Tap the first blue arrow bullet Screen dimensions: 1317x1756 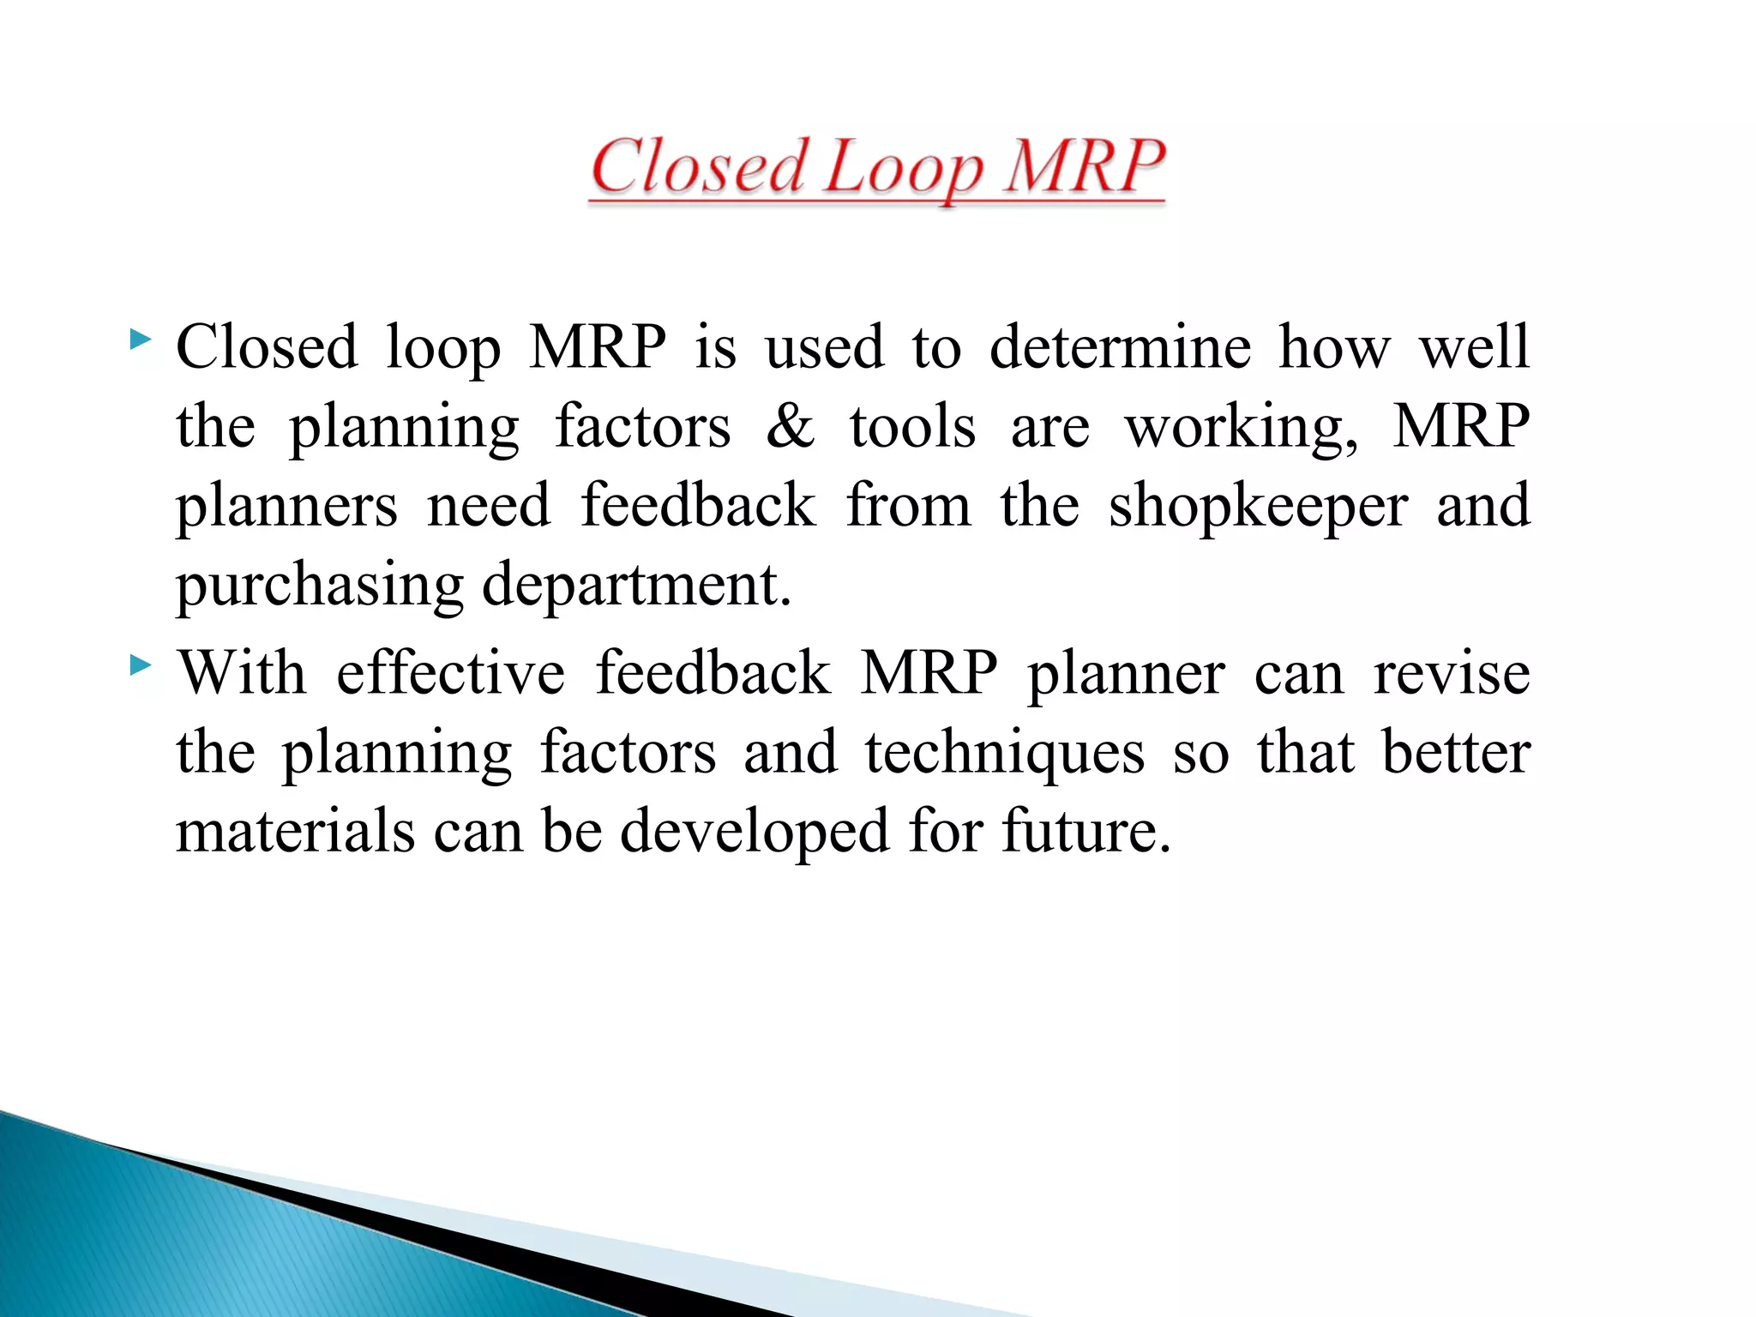(x=140, y=342)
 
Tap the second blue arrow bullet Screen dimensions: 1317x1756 (x=140, y=665)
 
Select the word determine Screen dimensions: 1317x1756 (x=1120, y=347)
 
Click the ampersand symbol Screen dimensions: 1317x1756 (x=790, y=426)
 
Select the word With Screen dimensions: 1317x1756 (x=242, y=673)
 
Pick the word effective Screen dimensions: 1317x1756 (x=450, y=673)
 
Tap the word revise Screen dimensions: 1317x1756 (x=1452, y=673)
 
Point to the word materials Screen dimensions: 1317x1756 (x=295, y=832)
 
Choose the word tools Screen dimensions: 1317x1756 (x=912, y=426)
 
